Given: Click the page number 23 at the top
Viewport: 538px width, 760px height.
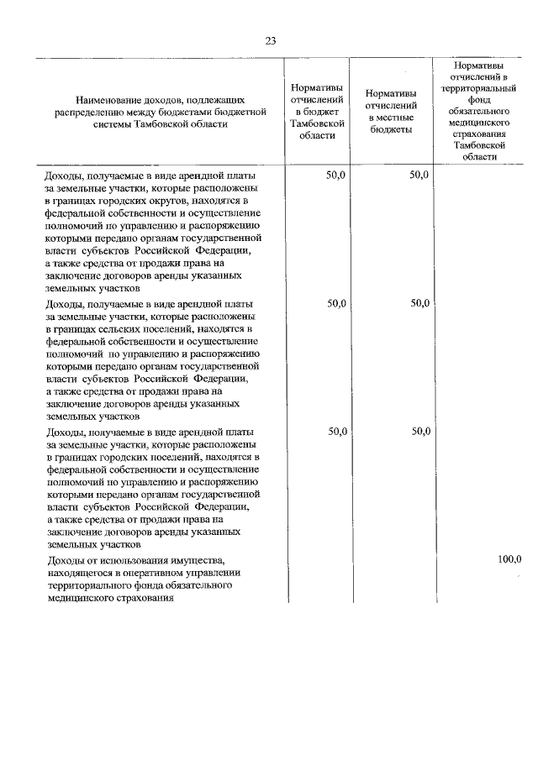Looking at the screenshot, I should pyautogui.click(x=269, y=39).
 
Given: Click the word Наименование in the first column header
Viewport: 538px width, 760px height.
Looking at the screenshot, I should pyautogui.click(x=107, y=100).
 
